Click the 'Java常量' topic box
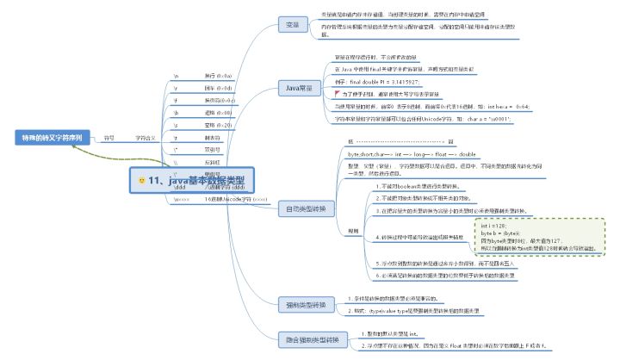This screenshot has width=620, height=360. tap(298, 86)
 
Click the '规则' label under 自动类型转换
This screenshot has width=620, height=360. tap(352, 231)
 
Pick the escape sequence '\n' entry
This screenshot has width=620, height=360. tap(176, 76)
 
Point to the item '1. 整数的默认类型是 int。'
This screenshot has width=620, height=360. tap(387, 332)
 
